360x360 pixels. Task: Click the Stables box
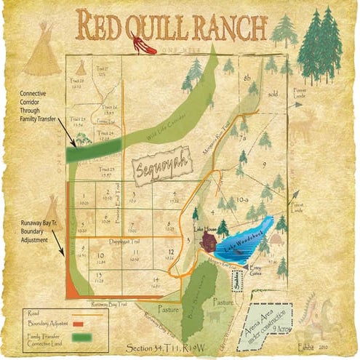pyautogui.click(x=238, y=281)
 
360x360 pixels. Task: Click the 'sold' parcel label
pyautogui.click(x=273, y=95)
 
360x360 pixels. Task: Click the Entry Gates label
pyautogui.click(x=260, y=271)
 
